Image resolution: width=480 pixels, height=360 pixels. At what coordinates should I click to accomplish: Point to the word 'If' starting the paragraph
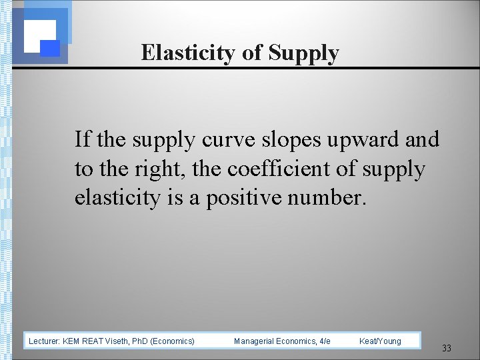click(82, 140)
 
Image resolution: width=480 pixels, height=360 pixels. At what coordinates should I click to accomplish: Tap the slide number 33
click(447, 348)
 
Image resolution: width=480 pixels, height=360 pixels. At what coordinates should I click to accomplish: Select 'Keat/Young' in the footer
click(380, 341)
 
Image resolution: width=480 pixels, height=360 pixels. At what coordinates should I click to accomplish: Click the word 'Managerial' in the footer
click(255, 341)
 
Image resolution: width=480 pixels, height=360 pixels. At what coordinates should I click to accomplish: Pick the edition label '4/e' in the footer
click(325, 341)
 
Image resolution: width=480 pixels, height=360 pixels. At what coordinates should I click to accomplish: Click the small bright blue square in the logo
click(51, 48)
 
